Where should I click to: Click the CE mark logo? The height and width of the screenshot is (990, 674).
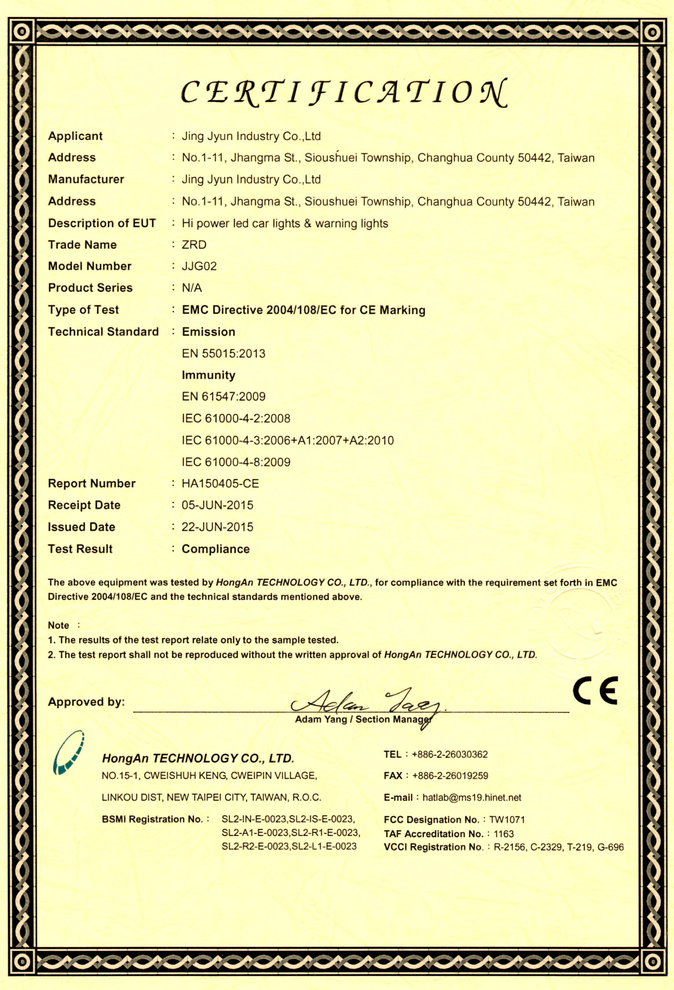595,691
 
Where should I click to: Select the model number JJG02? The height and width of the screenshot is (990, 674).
199,266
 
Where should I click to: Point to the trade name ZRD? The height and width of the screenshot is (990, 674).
194,245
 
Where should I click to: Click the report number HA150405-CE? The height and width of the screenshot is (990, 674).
220,483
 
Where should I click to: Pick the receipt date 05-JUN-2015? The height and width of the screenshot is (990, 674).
217,505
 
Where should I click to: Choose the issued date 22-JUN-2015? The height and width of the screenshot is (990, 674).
217,527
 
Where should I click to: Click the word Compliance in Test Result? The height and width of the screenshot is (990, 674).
215,549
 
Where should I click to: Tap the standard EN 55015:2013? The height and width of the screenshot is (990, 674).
224,354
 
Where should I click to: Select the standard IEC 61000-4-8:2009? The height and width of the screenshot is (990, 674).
236,462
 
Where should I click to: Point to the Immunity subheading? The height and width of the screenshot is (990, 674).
209,375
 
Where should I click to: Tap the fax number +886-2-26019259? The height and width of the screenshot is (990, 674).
450,776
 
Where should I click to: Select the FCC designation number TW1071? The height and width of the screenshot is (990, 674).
507,820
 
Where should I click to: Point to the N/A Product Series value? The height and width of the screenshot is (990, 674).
192,288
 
